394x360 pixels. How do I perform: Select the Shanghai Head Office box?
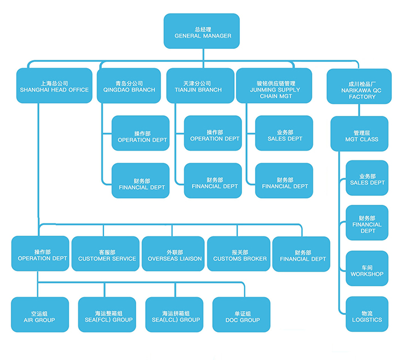[x=54, y=85]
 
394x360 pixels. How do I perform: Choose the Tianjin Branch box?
[x=200, y=85]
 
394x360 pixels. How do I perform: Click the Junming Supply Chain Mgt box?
[x=274, y=85]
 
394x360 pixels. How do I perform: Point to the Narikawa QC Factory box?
[x=359, y=86]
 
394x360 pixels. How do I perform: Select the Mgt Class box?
[x=359, y=134]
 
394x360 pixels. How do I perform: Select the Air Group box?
[x=40, y=315]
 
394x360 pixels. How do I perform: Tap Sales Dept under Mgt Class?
[x=366, y=178]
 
